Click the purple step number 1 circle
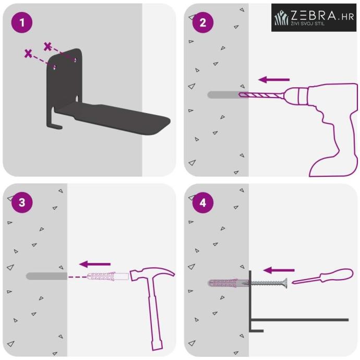click(22, 22)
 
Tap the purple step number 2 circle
click(203, 22)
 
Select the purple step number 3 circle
click(22, 202)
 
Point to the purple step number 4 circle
click(203, 202)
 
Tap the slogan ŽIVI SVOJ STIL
click(308, 23)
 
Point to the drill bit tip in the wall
click(239, 94)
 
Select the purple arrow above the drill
click(274, 80)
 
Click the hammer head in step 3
click(152, 273)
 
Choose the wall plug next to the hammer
click(108, 276)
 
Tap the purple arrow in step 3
click(95, 264)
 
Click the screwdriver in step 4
click(322, 276)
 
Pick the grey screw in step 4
click(268, 283)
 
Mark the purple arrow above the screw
click(279, 270)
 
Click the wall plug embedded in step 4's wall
click(228, 283)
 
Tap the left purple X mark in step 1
click(28, 54)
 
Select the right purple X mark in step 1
click(47, 46)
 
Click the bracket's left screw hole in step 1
click(55, 67)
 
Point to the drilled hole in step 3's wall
click(46, 276)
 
